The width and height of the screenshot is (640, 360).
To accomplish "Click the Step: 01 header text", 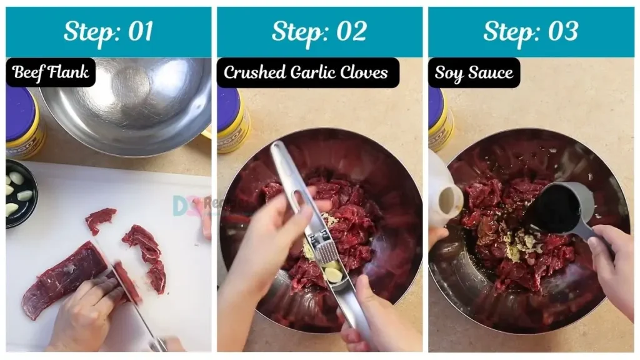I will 108,31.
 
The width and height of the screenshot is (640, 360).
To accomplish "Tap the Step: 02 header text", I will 319,31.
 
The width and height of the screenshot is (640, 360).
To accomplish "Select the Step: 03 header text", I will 530,31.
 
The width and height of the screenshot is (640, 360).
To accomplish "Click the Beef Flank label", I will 51,72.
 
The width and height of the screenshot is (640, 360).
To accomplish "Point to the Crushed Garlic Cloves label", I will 306,72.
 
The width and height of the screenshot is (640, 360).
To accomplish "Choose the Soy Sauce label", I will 474,72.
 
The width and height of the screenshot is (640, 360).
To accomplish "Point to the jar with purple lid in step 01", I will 23,122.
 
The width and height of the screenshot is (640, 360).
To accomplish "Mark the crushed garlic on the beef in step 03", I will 522,247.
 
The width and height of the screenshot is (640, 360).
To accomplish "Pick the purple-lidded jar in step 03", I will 439,119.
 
